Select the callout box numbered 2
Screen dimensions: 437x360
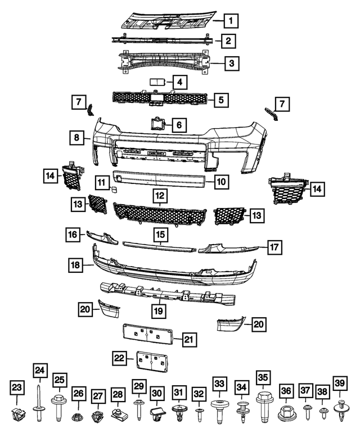coord(227,41)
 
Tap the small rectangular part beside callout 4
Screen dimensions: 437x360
coord(156,82)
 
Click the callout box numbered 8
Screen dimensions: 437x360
coord(76,137)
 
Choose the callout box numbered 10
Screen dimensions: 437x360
coord(222,181)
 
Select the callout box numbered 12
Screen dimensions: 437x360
coord(160,196)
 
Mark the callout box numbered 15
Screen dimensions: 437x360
coord(160,233)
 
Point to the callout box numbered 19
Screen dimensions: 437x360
coord(159,310)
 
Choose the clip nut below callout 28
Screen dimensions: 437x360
coord(118,415)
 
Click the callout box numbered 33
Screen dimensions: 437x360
coord(219,384)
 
